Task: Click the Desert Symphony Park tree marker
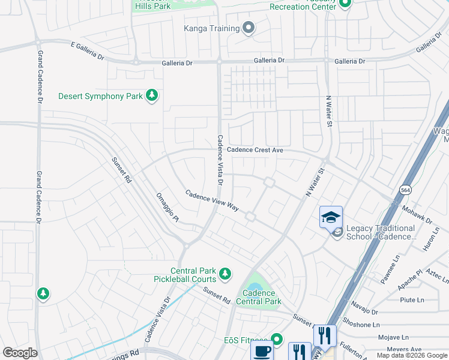[152, 96]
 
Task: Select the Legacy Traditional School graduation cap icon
[331, 217]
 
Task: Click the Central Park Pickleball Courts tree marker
[225, 274]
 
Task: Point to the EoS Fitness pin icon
[277, 340]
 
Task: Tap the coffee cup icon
[262, 352]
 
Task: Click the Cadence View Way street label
[212, 200]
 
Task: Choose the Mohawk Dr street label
[417, 213]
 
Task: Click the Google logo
[20, 353]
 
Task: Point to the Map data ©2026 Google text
[411, 355]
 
